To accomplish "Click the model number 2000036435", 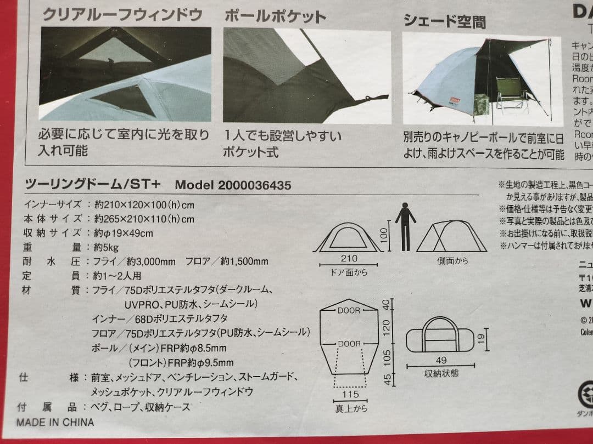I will coord(254,185).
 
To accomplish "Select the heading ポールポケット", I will coord(275,16).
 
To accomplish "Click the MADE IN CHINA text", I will coord(55,422).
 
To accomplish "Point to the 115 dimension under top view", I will coord(350,395).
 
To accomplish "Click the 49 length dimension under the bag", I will coord(441,360).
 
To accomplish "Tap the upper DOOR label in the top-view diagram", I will coord(349,310).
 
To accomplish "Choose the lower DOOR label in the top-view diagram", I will coord(349,344).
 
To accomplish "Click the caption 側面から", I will coord(452,261).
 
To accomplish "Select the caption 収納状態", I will coord(441,374).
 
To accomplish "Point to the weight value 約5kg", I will coord(106,248).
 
